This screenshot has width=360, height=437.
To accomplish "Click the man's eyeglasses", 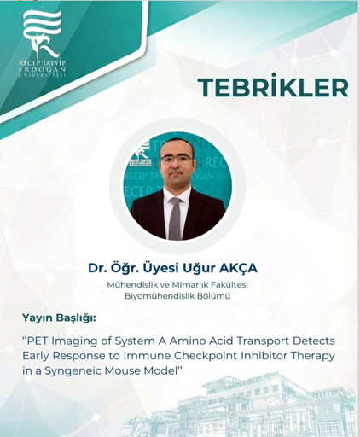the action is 175,160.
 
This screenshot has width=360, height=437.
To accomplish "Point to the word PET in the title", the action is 36,341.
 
